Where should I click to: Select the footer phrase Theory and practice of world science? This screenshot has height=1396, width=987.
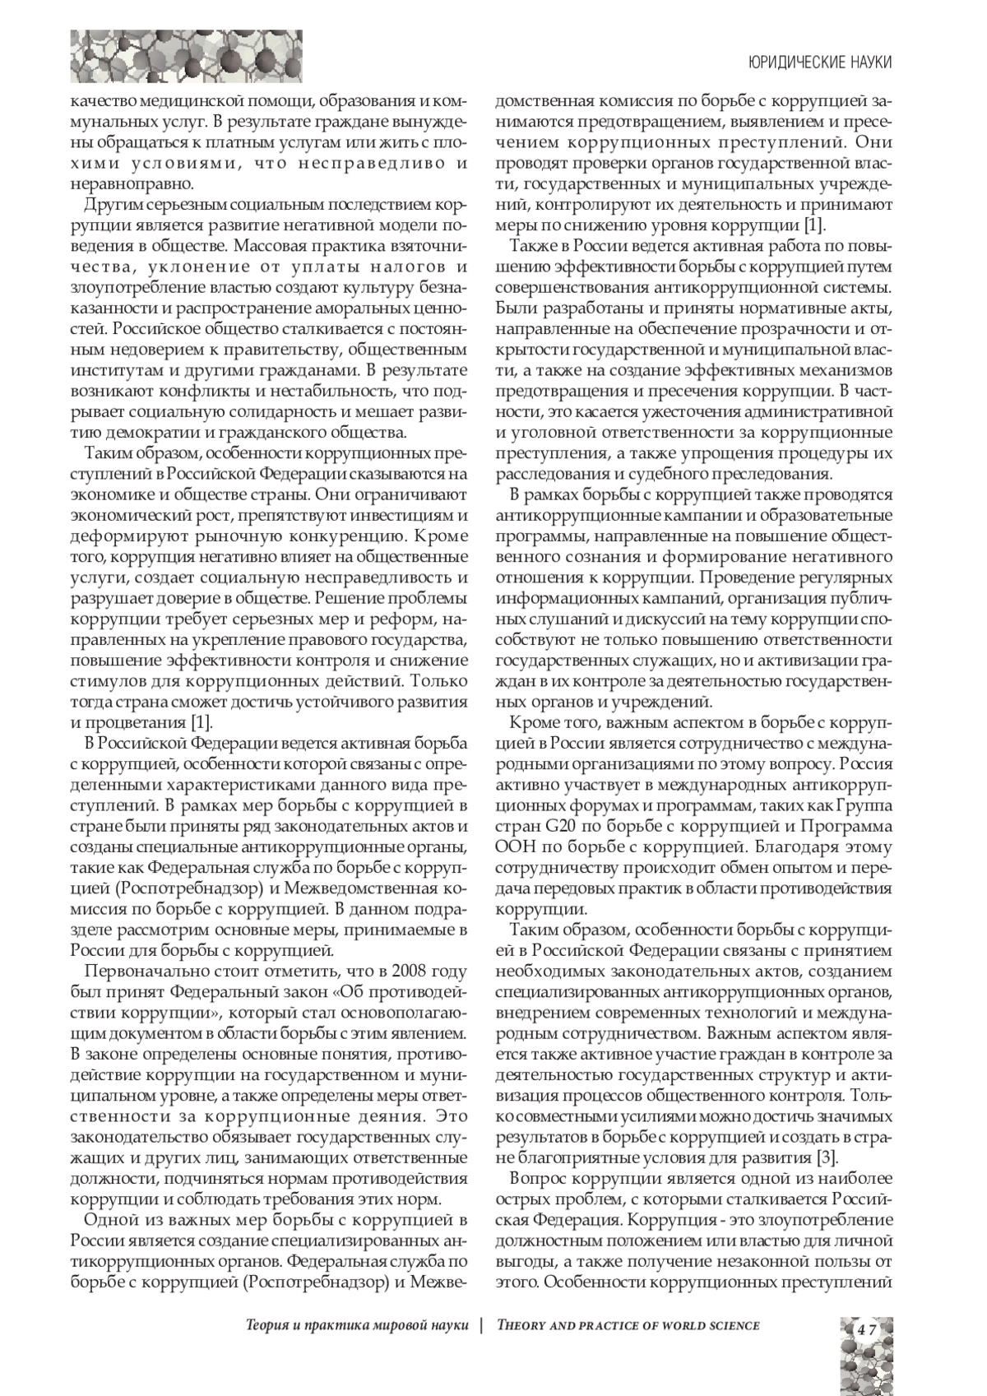[x=628, y=1325]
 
